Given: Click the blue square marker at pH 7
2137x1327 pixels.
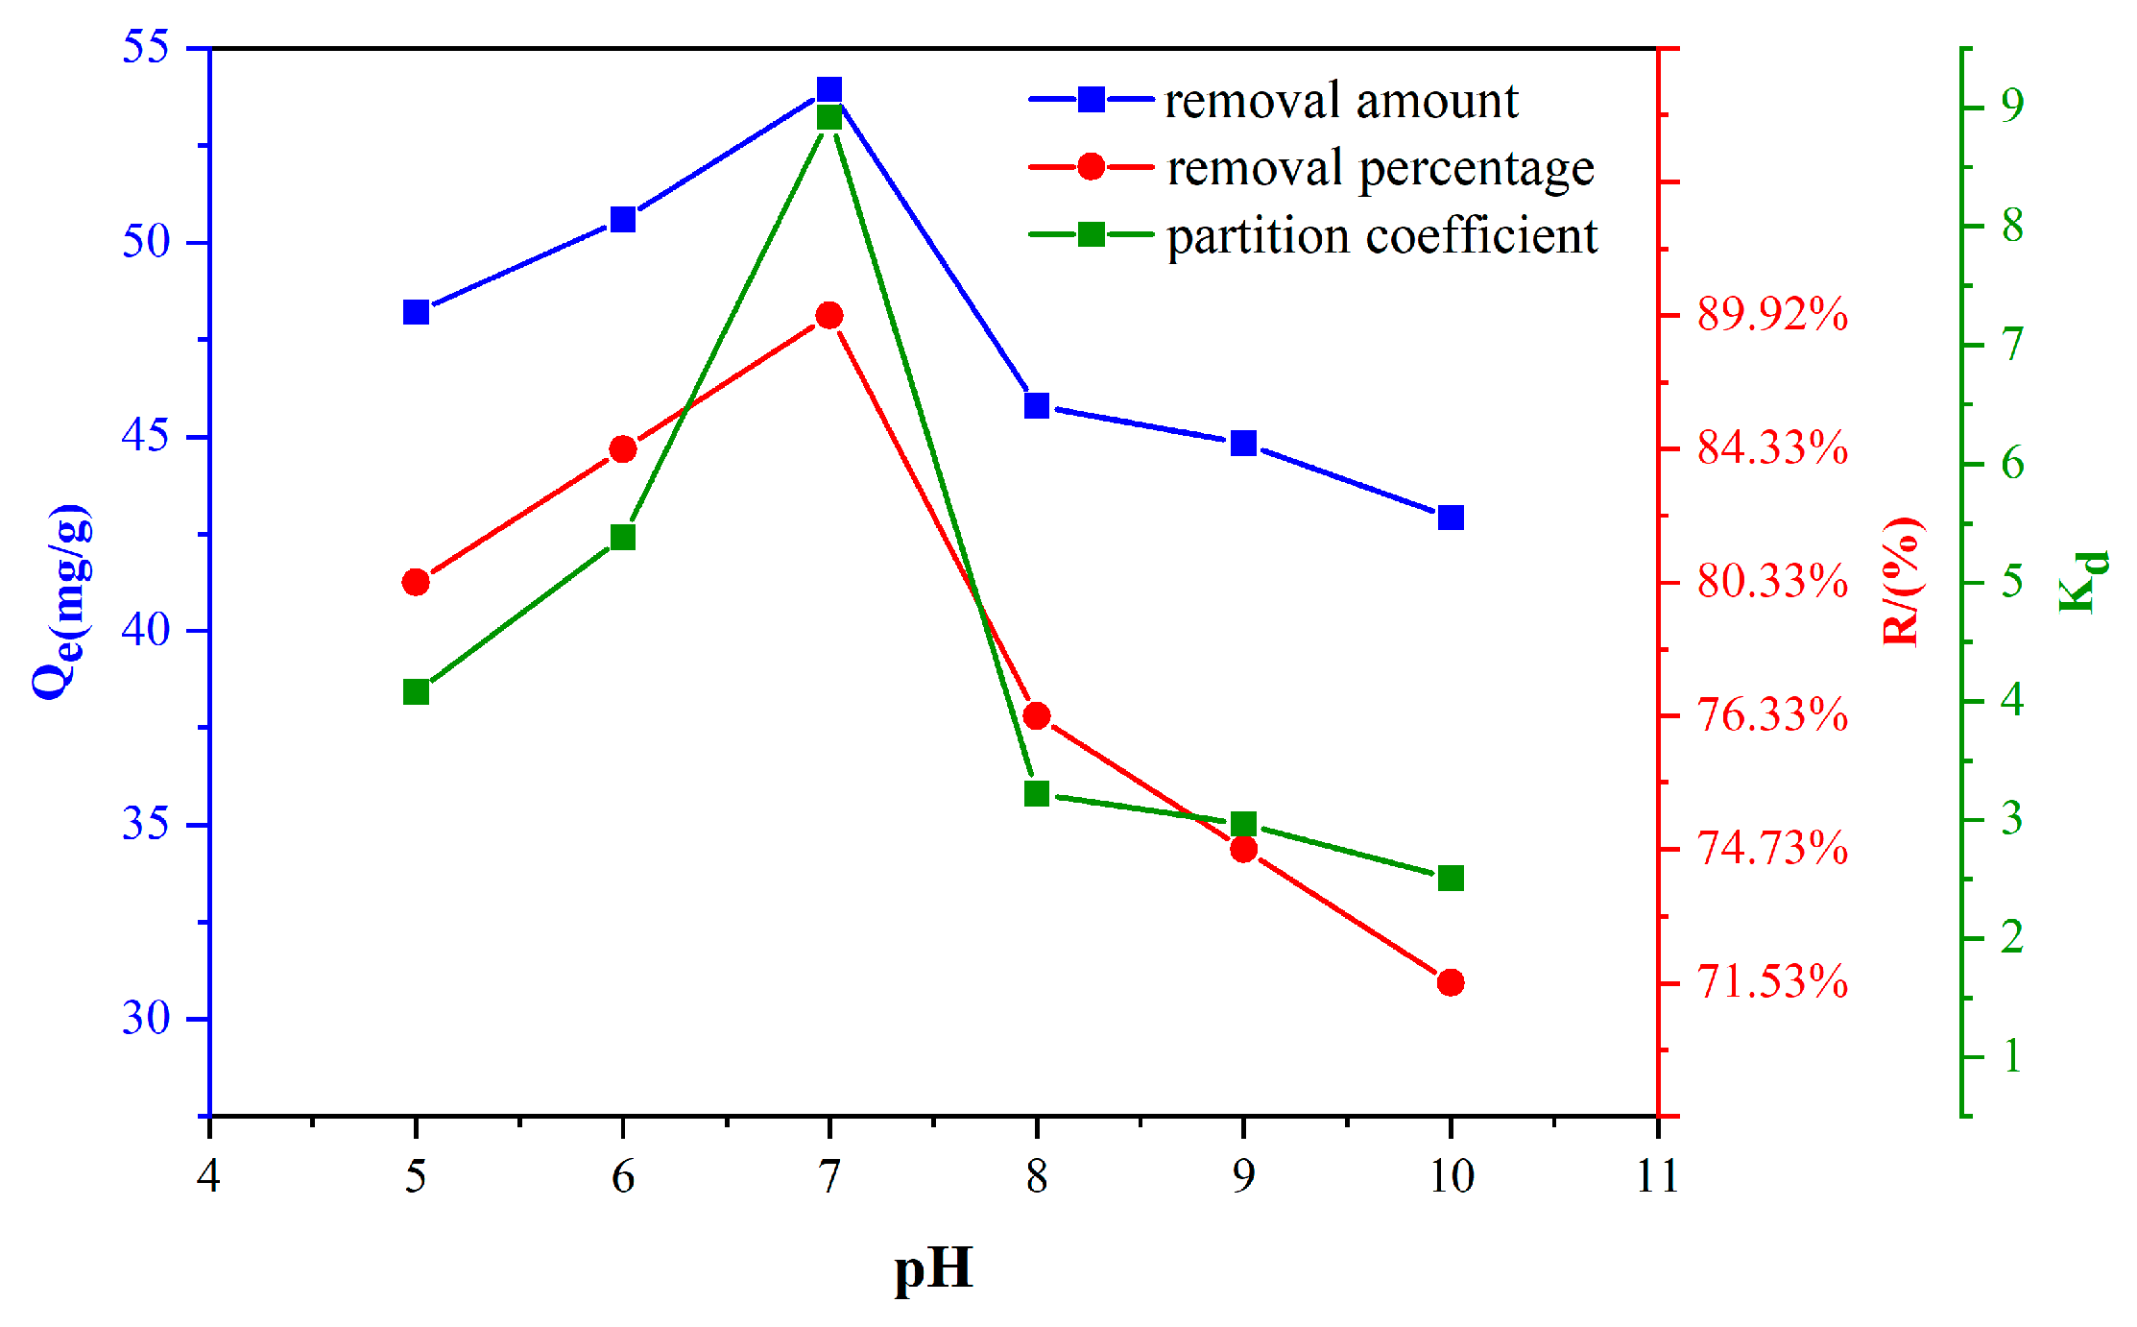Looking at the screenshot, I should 829,90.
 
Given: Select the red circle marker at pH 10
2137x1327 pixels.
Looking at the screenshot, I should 1451,982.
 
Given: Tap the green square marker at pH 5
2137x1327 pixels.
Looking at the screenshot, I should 416,692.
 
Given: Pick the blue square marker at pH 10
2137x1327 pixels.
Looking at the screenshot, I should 1451,518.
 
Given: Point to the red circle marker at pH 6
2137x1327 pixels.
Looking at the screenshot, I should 623,449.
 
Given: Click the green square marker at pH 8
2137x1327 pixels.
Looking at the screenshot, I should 1037,793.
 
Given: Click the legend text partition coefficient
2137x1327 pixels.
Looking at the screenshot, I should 1381,236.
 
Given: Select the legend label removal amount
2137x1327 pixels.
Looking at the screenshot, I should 1341,100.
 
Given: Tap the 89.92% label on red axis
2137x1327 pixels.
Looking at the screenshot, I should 1772,315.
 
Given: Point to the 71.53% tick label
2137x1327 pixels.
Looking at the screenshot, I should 1772,982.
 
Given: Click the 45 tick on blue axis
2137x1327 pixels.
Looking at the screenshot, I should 146,436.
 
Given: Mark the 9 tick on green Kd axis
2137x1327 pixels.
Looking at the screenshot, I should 2012,105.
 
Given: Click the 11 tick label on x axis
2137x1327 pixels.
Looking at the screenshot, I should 1658,1176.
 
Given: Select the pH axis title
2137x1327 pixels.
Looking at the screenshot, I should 933,1269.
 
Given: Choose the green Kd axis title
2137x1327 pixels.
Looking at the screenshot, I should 2083,581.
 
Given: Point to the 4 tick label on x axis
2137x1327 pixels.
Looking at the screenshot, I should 208,1176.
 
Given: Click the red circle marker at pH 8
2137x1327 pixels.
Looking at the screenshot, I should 1037,715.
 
